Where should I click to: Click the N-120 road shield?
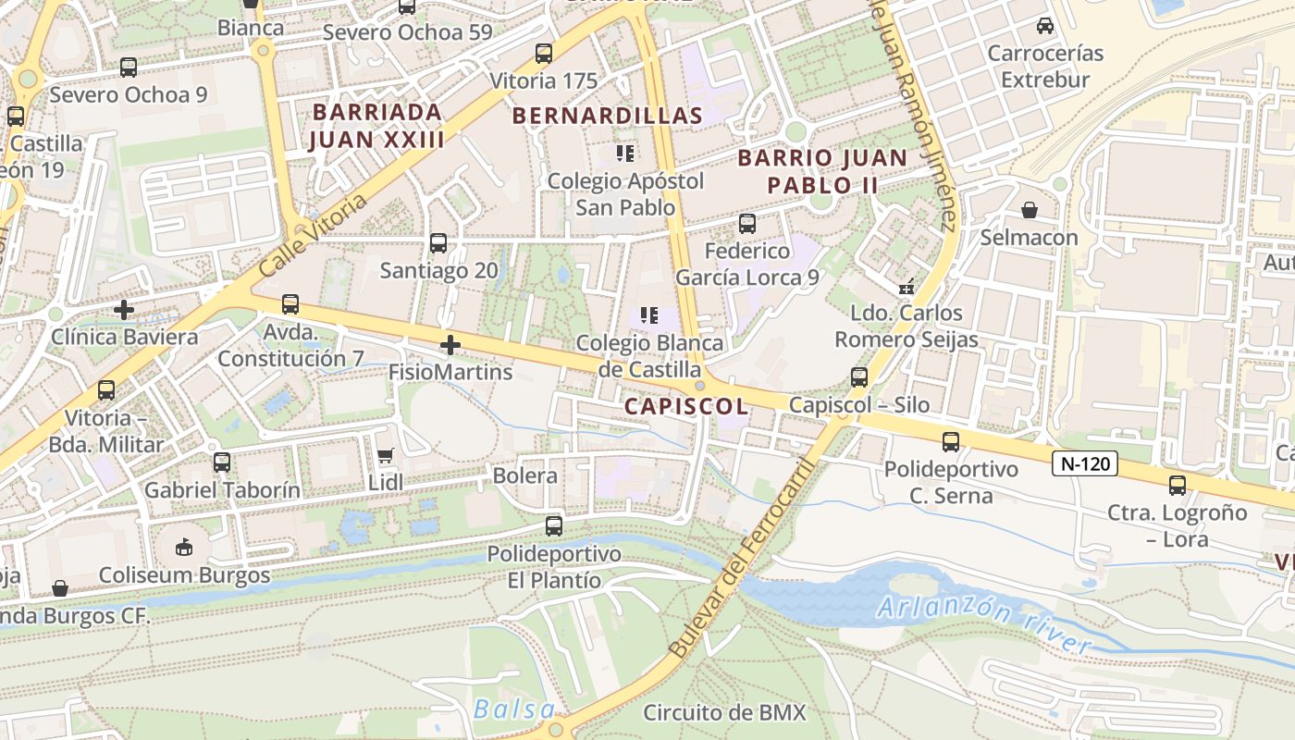pos(1085,463)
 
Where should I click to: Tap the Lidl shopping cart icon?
pos(386,455)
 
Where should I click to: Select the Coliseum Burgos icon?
pos(184,547)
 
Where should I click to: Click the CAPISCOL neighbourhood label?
pos(685,406)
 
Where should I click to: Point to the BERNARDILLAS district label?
pos(607,116)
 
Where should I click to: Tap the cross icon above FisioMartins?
pos(450,345)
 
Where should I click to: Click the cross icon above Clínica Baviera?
pos(124,310)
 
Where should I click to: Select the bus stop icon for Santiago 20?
pos(438,243)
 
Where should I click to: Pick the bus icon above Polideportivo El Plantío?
pos(554,526)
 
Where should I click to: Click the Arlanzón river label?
pos(983,625)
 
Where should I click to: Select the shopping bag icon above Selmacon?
pos(1030,211)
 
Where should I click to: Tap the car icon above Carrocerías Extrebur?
pos(1045,26)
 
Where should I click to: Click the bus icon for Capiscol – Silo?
pos(859,377)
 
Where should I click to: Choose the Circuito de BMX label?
pos(724,712)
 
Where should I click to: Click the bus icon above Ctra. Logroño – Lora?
pos(1178,486)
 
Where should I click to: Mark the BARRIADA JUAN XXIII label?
pos(376,126)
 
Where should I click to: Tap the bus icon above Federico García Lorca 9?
pos(747,224)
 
